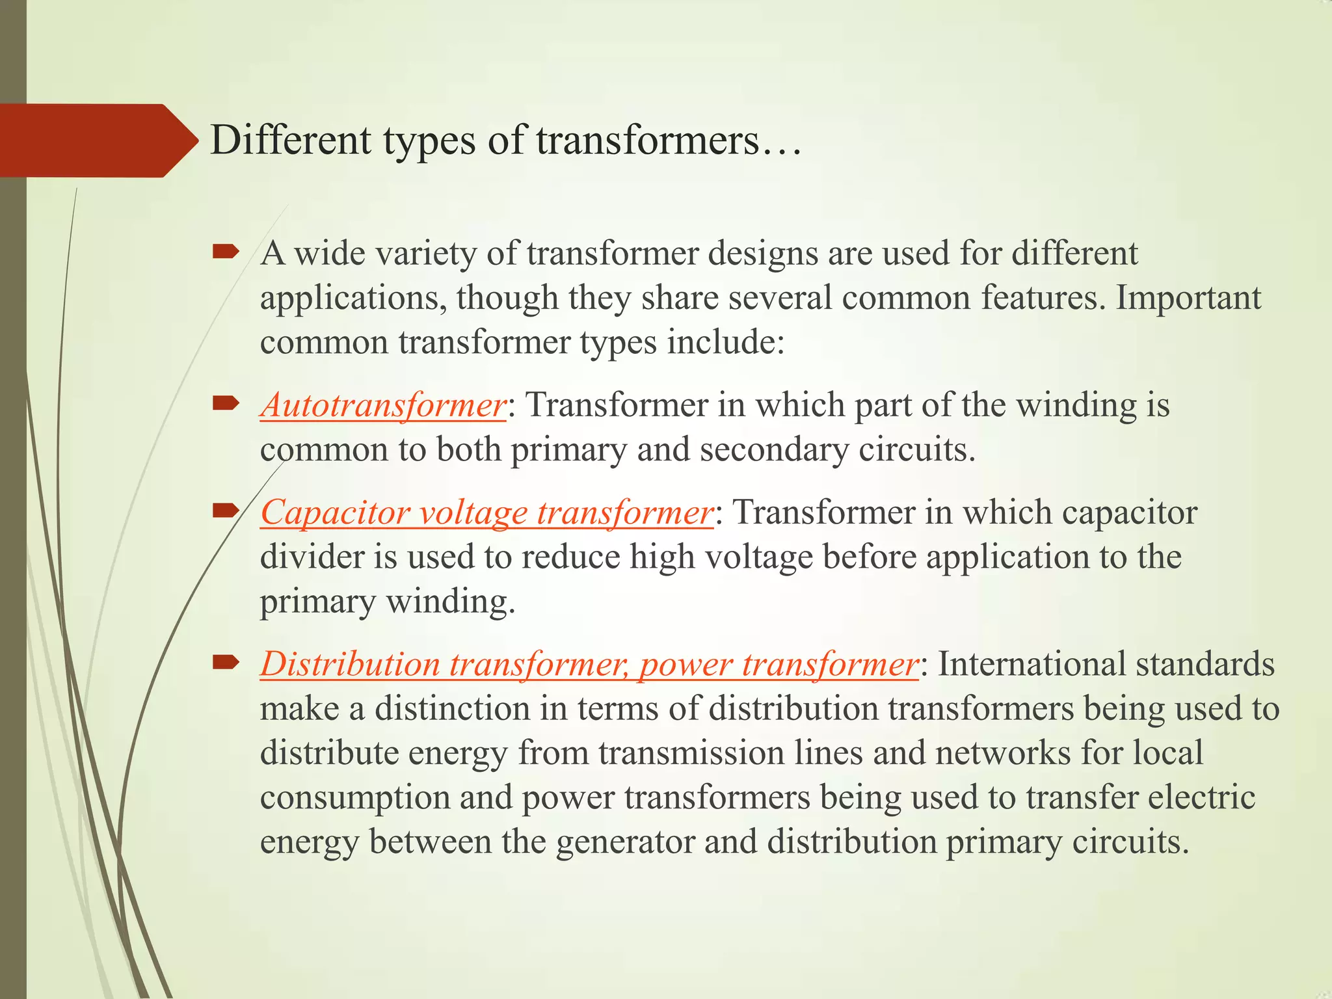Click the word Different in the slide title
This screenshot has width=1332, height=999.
pos(291,140)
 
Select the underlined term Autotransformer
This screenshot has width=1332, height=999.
pos(383,405)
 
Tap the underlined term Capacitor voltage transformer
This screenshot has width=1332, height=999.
pos(486,513)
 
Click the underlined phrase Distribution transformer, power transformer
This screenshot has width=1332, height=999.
pos(589,664)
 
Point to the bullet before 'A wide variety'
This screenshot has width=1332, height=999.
pos(226,252)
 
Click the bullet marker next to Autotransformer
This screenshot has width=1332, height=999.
pos(226,405)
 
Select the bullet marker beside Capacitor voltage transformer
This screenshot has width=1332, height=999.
pos(226,512)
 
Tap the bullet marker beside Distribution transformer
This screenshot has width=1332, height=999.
pos(226,663)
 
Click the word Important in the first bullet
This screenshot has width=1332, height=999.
pos(1188,298)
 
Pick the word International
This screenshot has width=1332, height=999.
pos(1032,664)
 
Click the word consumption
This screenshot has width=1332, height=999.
pos(355,798)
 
